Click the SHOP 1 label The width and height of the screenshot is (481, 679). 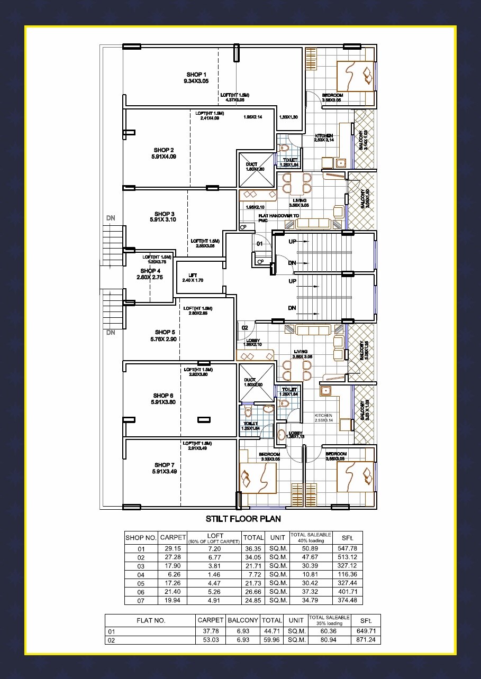tap(196, 75)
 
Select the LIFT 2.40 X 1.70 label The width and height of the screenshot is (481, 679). tap(193, 278)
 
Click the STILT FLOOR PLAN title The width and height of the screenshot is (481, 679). tap(243, 519)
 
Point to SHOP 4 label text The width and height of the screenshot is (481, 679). tap(150, 271)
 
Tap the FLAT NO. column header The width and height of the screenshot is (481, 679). tap(151, 621)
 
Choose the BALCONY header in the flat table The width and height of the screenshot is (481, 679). tap(241, 620)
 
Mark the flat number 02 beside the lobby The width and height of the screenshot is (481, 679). tap(244, 328)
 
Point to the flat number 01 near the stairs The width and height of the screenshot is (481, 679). tap(260, 244)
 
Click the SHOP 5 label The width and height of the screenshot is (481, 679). tap(165, 332)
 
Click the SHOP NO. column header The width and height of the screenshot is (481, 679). tap(141, 538)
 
